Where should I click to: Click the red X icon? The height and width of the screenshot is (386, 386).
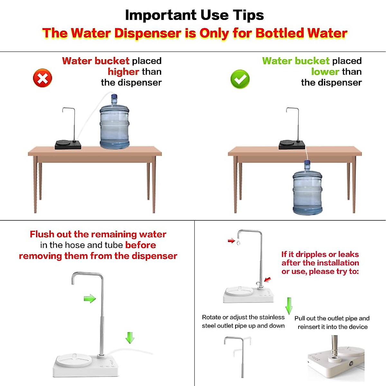coord(42,78)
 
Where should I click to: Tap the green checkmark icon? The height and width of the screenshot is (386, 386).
coord(240,79)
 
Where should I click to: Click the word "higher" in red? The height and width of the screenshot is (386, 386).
coord(124,72)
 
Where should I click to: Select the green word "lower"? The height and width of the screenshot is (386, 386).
coord(325,72)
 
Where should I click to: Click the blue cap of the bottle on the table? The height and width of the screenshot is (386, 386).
coord(114,97)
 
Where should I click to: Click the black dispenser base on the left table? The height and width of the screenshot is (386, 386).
coord(68,145)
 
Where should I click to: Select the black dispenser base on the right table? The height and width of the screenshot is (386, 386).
coord(292,145)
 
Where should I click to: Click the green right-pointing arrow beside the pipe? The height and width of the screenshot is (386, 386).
coord(90,299)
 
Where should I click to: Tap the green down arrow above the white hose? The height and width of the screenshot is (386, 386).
coord(130,338)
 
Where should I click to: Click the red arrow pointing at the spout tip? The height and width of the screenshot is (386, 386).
coord(231,241)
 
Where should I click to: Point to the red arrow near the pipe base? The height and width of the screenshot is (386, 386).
coord(268,280)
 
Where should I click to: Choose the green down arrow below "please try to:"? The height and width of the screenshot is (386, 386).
coord(289,306)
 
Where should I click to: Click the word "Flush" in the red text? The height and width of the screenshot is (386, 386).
coord(42,234)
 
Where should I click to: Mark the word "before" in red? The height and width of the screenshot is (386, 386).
coord(141,245)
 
